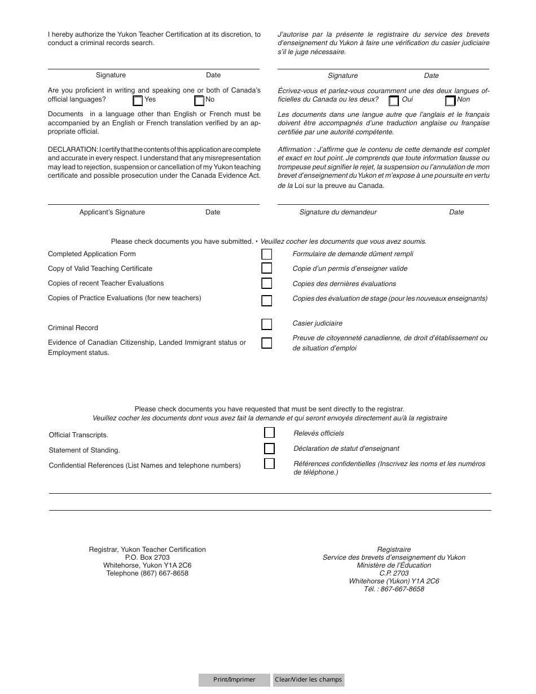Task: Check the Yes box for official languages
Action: (138, 101)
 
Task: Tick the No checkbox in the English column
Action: (199, 101)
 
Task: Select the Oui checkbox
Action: (394, 101)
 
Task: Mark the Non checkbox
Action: (450, 101)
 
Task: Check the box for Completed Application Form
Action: (266, 254)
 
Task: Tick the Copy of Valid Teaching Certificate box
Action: (266, 269)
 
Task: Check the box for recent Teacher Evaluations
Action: (266, 283)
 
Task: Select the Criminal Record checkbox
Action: (266, 324)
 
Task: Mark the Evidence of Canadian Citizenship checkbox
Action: (266, 343)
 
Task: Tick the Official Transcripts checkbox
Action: (270, 433)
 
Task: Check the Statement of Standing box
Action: (270, 449)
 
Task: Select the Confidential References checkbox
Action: (270, 464)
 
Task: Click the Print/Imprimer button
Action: (234, 680)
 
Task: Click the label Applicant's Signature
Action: (112, 212)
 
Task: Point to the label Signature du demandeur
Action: (338, 212)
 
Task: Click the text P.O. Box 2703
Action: (147, 557)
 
